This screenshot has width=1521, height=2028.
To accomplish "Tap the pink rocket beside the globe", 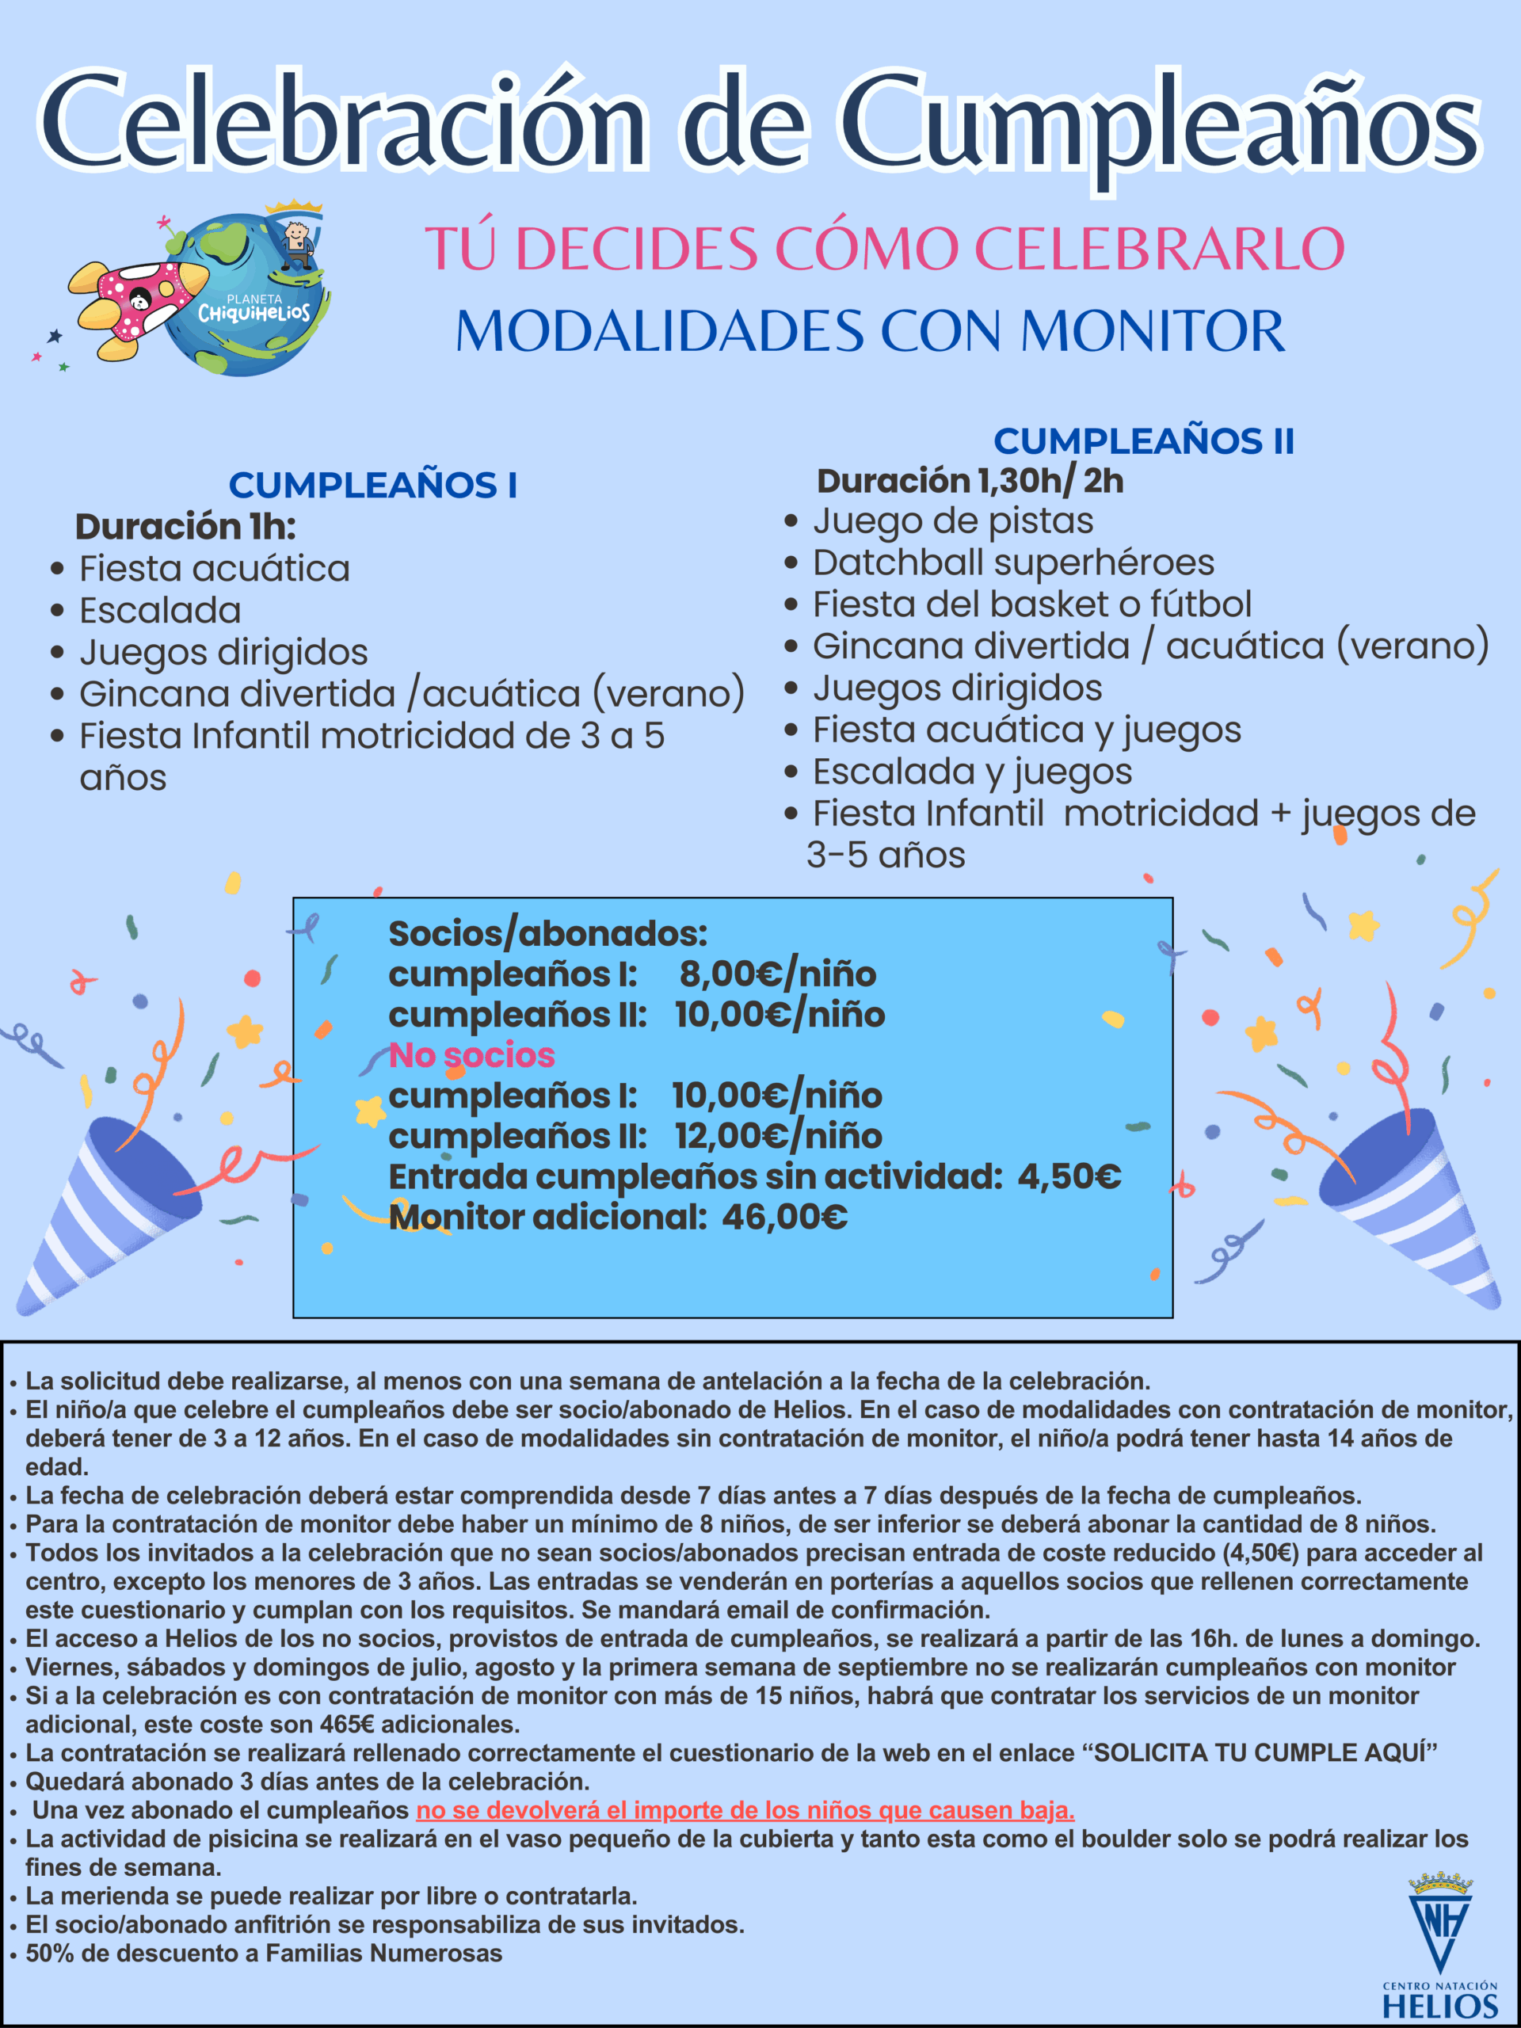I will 138,303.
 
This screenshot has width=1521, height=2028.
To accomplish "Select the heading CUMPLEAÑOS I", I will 372,485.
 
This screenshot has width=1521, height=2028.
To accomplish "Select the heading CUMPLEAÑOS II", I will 1143,441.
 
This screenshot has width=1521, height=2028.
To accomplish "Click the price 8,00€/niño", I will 777,974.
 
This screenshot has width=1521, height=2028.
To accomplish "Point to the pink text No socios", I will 471,1055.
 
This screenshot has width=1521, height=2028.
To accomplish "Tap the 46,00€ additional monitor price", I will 785,1217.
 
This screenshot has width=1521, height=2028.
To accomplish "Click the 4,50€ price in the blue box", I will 1069,1176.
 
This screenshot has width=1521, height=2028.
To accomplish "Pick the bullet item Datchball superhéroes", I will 1013,562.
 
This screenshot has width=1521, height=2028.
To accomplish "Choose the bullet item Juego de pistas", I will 952,520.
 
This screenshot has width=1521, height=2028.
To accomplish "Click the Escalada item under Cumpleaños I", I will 161,611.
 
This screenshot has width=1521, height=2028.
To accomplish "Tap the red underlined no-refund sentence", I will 745,1810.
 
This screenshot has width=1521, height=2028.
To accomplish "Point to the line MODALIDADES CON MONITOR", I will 870,330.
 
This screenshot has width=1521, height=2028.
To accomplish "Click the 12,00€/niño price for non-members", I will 779,1136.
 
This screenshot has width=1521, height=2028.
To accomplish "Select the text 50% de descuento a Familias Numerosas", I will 264,1953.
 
